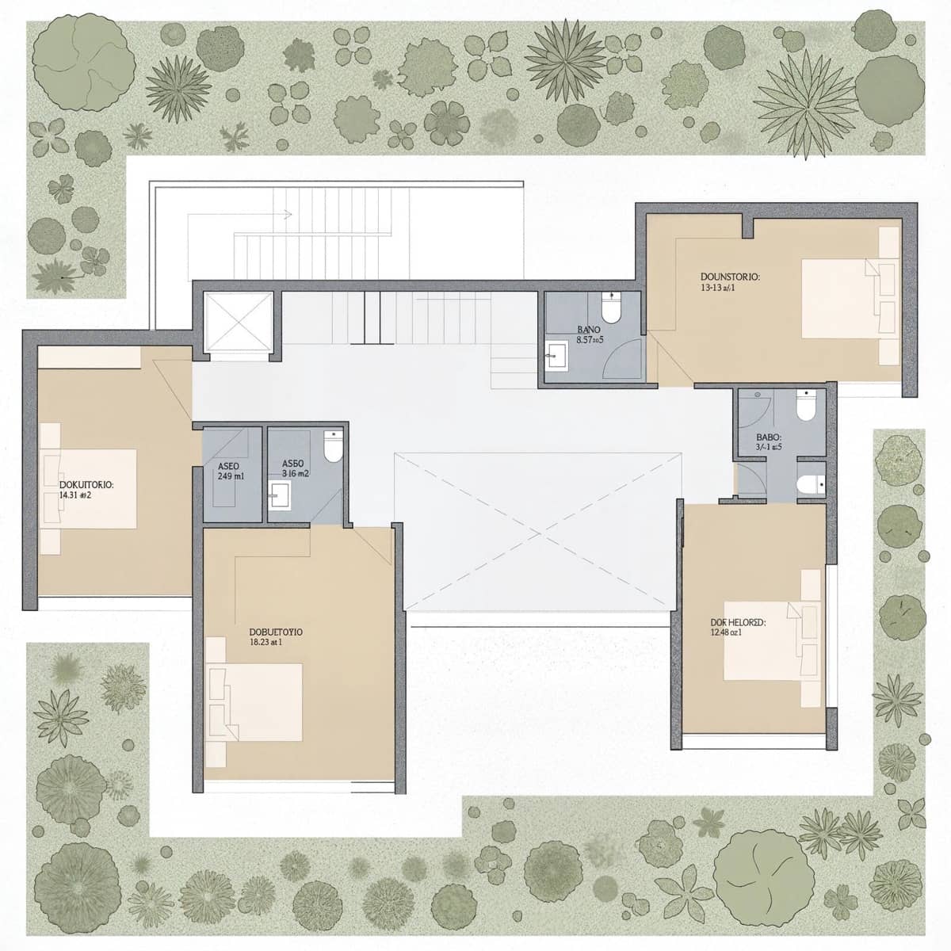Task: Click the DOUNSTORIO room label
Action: [730, 277]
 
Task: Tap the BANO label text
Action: [588, 329]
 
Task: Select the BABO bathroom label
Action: [769, 437]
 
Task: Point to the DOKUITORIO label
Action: [87, 483]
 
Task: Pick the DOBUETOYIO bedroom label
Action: [275, 632]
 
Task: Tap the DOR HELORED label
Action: [736, 622]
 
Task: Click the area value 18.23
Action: [265, 643]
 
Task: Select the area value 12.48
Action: [725, 632]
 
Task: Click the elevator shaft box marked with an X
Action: [238, 323]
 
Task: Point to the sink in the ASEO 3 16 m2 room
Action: [279, 497]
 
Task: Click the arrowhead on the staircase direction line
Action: [288, 214]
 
